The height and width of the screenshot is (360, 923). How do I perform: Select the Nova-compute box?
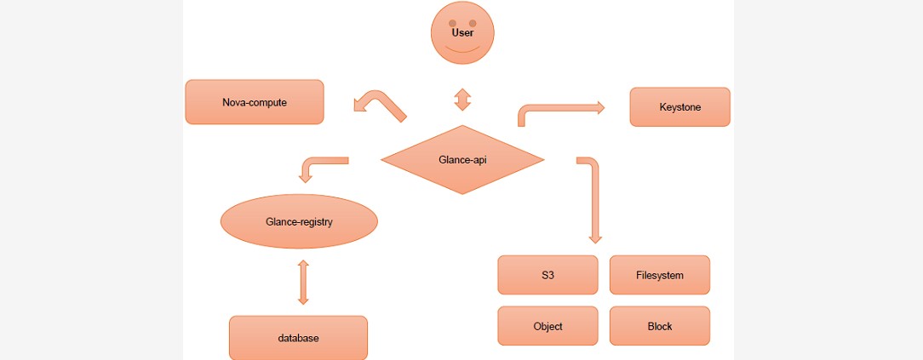(x=255, y=102)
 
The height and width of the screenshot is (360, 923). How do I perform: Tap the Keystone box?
(x=679, y=107)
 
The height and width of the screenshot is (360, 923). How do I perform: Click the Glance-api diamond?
(x=462, y=159)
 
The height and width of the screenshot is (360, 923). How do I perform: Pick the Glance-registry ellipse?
(x=299, y=222)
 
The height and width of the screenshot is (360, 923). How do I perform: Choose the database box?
(x=298, y=338)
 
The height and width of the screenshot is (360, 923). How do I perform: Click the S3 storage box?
(x=547, y=275)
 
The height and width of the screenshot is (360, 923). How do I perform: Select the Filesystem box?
(x=659, y=275)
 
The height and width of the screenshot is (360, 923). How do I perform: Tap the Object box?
(x=547, y=326)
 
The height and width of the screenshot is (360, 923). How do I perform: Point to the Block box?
(x=659, y=326)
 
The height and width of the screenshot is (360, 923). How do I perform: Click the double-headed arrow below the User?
(x=462, y=100)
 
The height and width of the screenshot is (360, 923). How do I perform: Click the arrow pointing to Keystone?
(x=562, y=109)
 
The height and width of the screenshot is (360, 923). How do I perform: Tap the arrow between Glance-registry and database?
(x=303, y=283)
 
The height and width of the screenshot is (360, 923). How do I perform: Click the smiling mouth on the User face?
(x=462, y=49)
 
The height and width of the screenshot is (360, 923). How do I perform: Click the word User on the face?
(x=462, y=33)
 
